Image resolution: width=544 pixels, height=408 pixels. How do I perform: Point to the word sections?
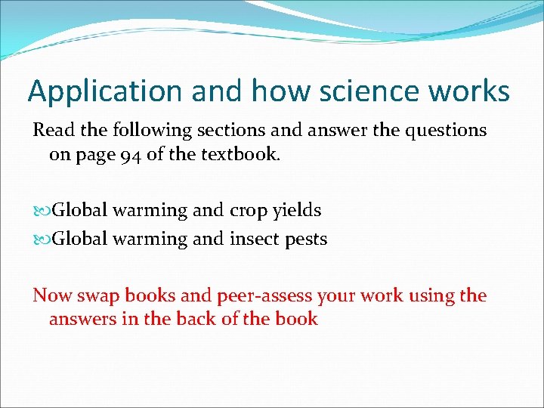coord(230,131)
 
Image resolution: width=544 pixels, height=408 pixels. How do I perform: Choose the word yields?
coord(298,211)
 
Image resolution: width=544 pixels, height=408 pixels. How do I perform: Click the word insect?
coord(255,240)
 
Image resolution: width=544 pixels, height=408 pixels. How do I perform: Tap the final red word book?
coord(297,319)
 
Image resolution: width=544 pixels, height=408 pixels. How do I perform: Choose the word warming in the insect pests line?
coord(150,240)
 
